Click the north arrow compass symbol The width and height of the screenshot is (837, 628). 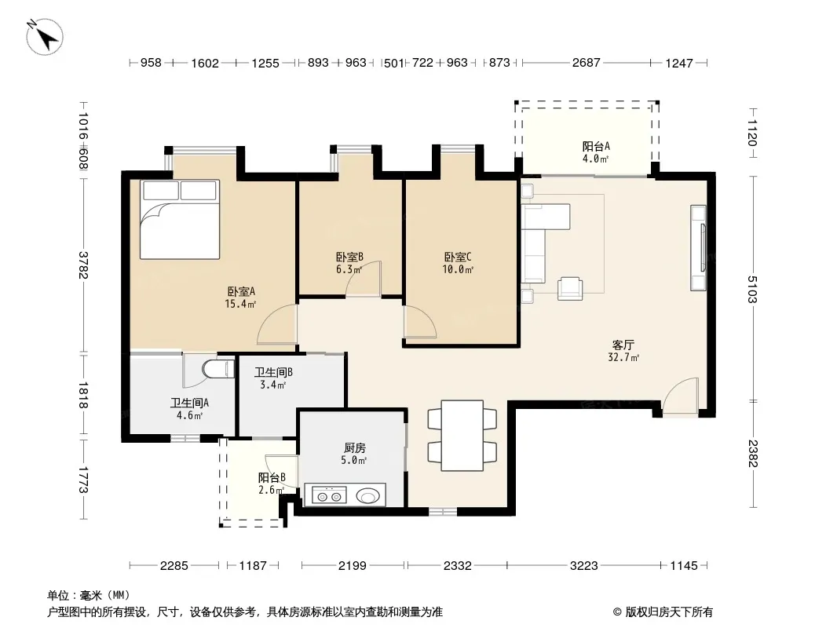pyautogui.click(x=45, y=37)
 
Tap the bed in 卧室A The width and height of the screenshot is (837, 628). pyautogui.click(x=180, y=219)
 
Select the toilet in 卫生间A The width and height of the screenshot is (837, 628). pyautogui.click(x=218, y=369)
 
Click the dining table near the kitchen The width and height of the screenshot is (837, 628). pyautogui.click(x=462, y=436)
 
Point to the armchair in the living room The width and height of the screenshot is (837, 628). pyautogui.click(x=570, y=288)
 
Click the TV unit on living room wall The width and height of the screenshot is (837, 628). pyautogui.click(x=698, y=248)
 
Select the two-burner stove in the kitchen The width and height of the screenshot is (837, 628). pyautogui.click(x=329, y=495)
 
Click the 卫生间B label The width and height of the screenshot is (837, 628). pyautogui.click(x=272, y=372)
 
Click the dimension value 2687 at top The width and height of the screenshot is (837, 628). pyautogui.click(x=586, y=63)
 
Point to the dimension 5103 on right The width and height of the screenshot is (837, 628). pyautogui.click(x=752, y=289)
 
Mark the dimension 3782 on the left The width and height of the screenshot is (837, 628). pyautogui.click(x=82, y=265)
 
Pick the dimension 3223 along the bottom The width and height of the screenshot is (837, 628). pyautogui.click(x=583, y=565)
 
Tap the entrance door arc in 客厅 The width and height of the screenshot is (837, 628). pyautogui.click(x=680, y=396)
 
